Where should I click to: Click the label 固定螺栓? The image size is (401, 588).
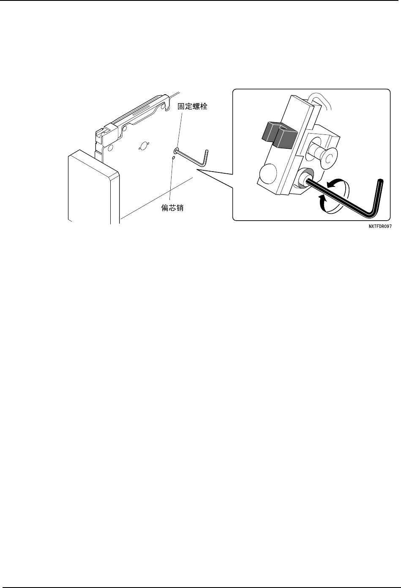tap(192, 106)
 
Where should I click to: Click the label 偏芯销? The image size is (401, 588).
tap(172, 208)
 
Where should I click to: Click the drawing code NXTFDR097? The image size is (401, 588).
tap(380, 226)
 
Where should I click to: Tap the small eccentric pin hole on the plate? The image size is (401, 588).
tap(173, 158)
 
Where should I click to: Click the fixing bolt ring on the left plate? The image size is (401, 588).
tap(176, 150)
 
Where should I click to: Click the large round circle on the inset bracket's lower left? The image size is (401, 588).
tap(268, 173)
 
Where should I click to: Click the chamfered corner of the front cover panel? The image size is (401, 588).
tap(115, 175)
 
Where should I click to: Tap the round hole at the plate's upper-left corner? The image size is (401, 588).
tap(110, 148)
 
